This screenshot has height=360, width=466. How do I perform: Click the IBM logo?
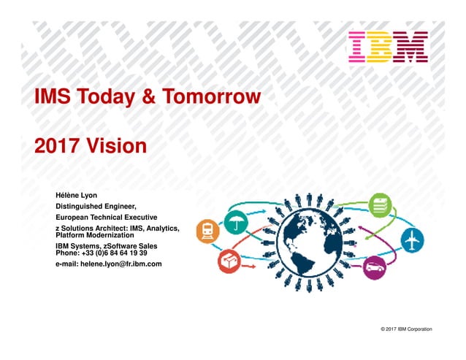(388, 47)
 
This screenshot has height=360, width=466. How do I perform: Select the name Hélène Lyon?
(76, 195)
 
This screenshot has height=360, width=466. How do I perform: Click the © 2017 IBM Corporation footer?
(406, 329)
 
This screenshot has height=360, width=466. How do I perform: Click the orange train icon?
(207, 231)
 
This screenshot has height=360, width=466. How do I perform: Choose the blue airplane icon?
(412, 239)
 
